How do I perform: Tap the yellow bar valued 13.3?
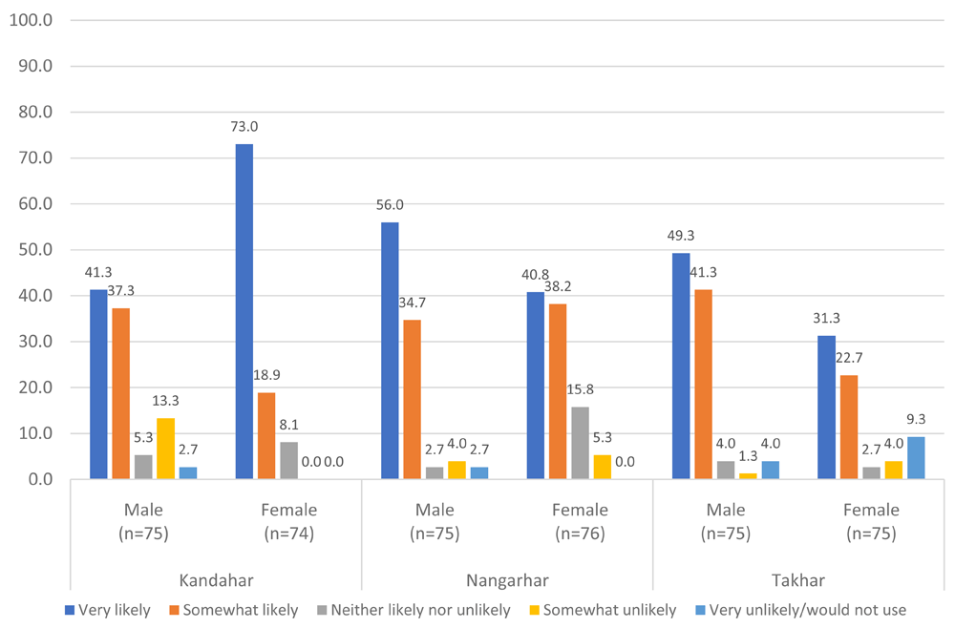point(165,449)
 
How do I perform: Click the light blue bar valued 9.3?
point(916,457)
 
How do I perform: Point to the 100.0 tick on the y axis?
point(33,21)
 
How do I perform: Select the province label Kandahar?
point(215,580)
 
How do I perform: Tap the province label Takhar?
point(798,580)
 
